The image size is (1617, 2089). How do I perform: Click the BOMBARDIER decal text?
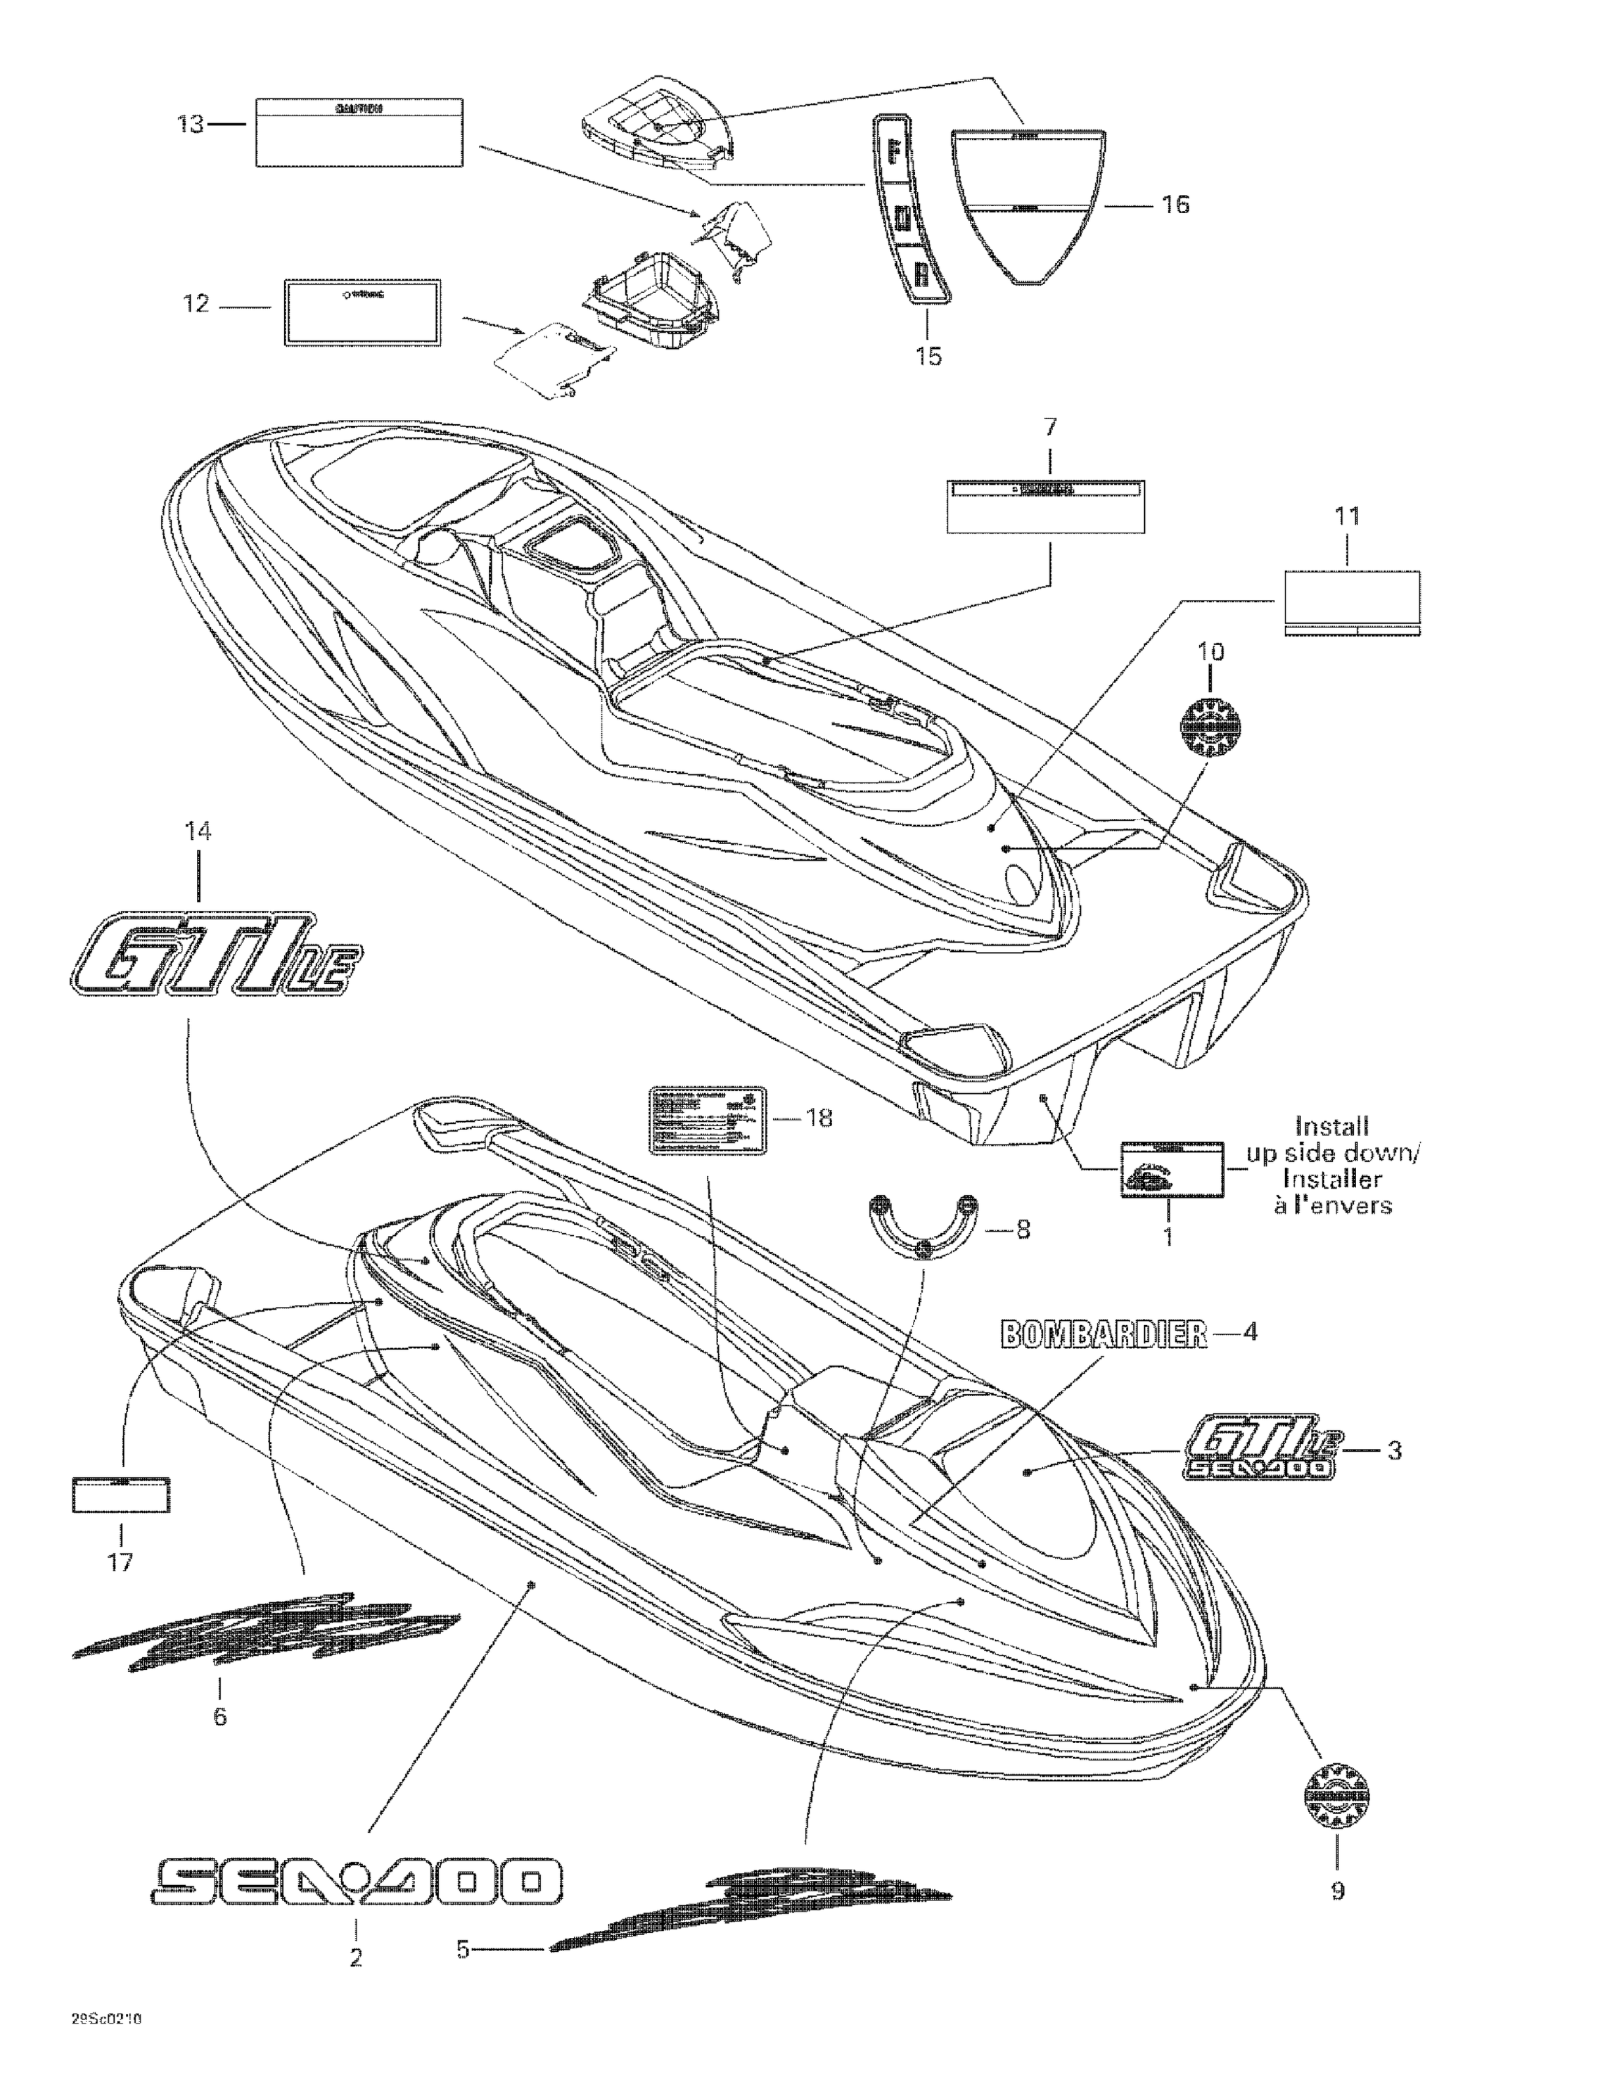(x=1103, y=1334)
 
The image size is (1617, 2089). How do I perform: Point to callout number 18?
(x=820, y=1117)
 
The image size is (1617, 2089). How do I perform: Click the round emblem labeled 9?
(x=1336, y=1798)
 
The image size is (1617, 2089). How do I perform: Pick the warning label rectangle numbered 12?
(x=361, y=312)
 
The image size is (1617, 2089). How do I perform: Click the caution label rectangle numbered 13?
(x=359, y=131)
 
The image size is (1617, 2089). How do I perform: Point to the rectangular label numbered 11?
(x=1351, y=602)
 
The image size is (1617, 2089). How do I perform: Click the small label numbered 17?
(x=121, y=1495)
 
